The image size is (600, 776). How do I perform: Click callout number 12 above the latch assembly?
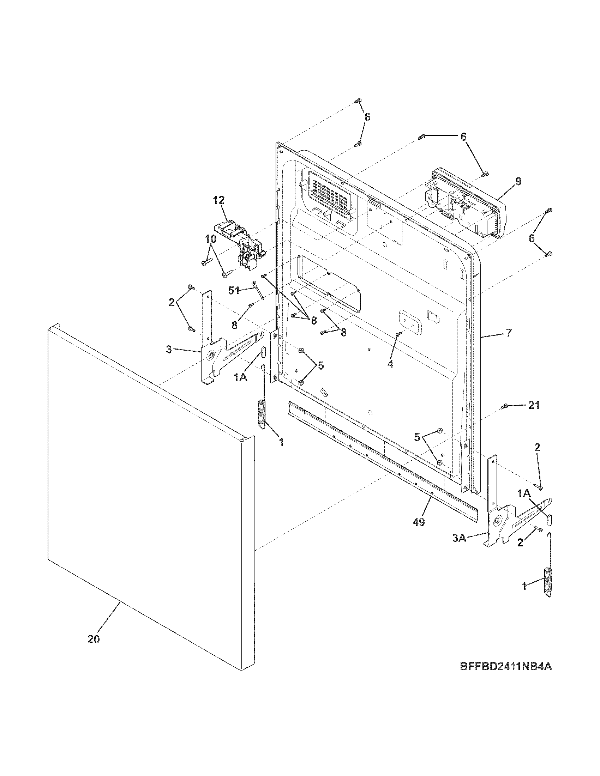219,200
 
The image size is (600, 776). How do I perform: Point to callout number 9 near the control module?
518,182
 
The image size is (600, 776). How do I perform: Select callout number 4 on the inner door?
390,364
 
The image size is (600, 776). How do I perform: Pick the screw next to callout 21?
504,406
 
